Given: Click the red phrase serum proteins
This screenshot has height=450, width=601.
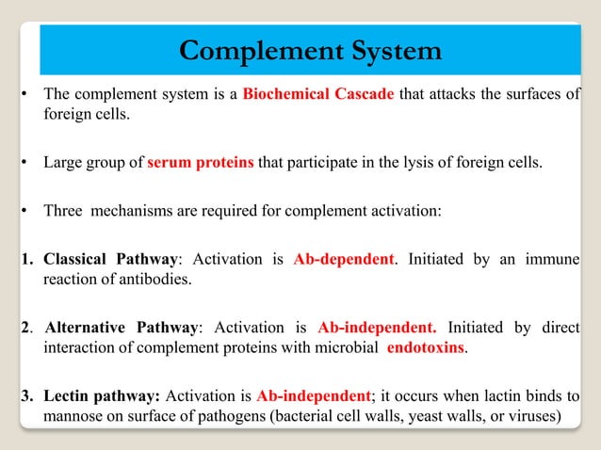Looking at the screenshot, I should pos(200,162).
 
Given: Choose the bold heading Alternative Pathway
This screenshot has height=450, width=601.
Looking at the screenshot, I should pos(122,329).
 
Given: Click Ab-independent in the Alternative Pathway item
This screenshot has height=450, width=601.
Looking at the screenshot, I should pos(377,329).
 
